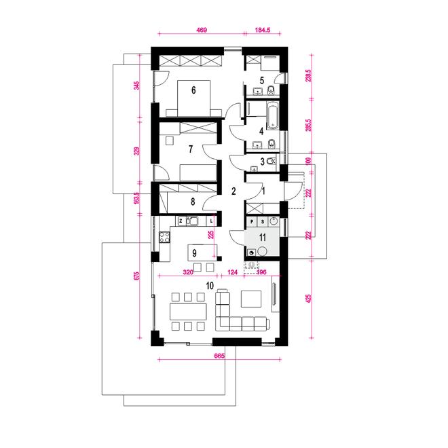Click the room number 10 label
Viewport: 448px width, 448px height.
click(x=210, y=285)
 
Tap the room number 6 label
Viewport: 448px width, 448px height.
click(x=193, y=90)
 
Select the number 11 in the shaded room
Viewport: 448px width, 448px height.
click(x=262, y=237)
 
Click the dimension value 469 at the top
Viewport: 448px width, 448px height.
click(x=202, y=30)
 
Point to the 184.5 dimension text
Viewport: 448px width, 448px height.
click(x=263, y=30)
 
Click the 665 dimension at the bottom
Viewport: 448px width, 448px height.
click(x=219, y=356)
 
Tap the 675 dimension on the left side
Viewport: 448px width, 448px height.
click(x=137, y=276)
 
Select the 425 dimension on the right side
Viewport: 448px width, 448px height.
click(x=308, y=299)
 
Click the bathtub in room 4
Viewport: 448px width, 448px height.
click(x=273, y=115)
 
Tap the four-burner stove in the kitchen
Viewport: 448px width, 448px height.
click(x=164, y=237)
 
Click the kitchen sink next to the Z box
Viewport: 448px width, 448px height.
click(x=193, y=221)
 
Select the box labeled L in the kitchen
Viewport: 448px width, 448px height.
click(x=211, y=221)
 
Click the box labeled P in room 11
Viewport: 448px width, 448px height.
click(x=252, y=221)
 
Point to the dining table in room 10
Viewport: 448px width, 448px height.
click(x=188, y=312)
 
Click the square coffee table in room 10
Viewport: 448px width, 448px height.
click(x=251, y=299)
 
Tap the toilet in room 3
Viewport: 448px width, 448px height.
click(x=272, y=162)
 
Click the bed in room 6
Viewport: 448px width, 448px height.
click(x=193, y=98)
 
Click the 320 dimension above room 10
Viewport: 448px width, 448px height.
click(x=188, y=272)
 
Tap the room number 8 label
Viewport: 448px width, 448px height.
click(x=193, y=202)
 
